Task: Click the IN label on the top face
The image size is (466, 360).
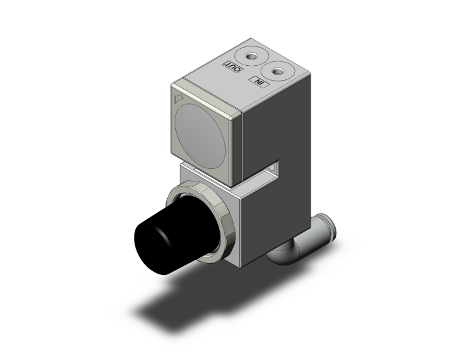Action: (258, 81)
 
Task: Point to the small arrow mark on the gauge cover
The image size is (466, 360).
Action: (177, 98)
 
